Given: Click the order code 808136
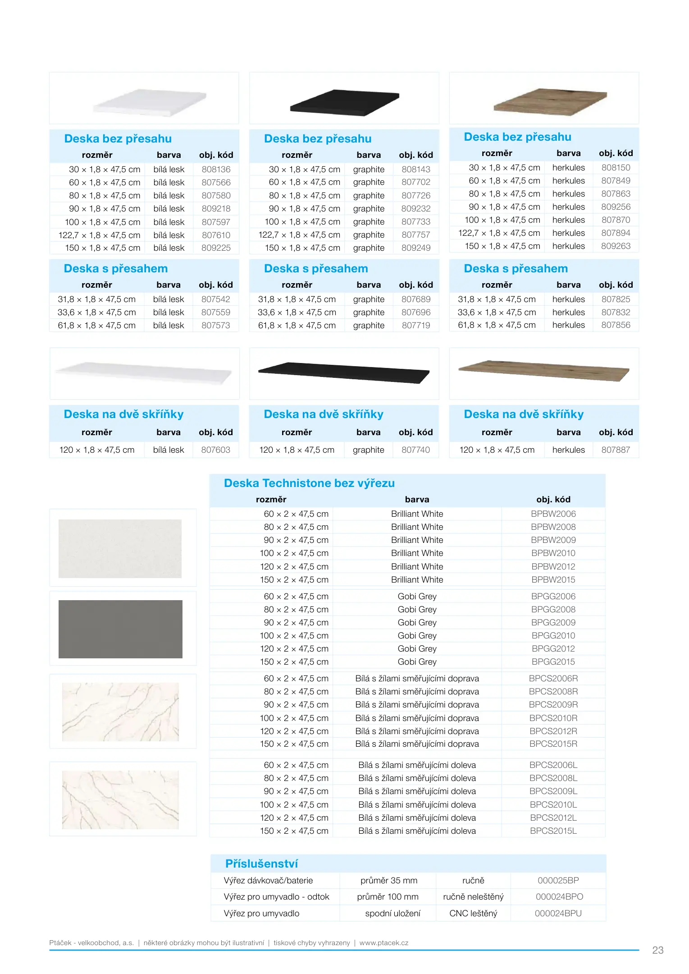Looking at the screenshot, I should tap(216, 170).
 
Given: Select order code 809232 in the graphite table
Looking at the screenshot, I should tap(416, 209).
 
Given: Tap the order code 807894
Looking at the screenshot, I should tap(616, 233).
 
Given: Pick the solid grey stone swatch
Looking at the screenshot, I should tap(120, 629).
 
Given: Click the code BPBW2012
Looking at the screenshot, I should tap(553, 566).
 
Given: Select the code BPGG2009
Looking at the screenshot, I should tap(553, 622).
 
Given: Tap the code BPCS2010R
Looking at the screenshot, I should tap(553, 718).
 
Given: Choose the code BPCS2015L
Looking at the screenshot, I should tap(553, 831).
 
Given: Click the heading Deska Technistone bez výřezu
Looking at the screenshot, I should tap(309, 483).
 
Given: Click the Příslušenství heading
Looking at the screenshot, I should tap(261, 864).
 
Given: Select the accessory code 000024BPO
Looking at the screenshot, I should tap(559, 897).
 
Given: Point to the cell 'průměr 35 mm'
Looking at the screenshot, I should tap(388, 880).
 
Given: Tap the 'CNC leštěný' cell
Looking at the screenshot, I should tap(473, 913).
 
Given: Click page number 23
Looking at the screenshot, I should tap(657, 950).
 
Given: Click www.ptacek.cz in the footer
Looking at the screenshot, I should tap(383, 942).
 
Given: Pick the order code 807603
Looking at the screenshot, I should tap(215, 450).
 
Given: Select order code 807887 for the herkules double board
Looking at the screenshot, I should tap(616, 450).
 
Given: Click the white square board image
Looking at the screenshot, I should tap(150, 103).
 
